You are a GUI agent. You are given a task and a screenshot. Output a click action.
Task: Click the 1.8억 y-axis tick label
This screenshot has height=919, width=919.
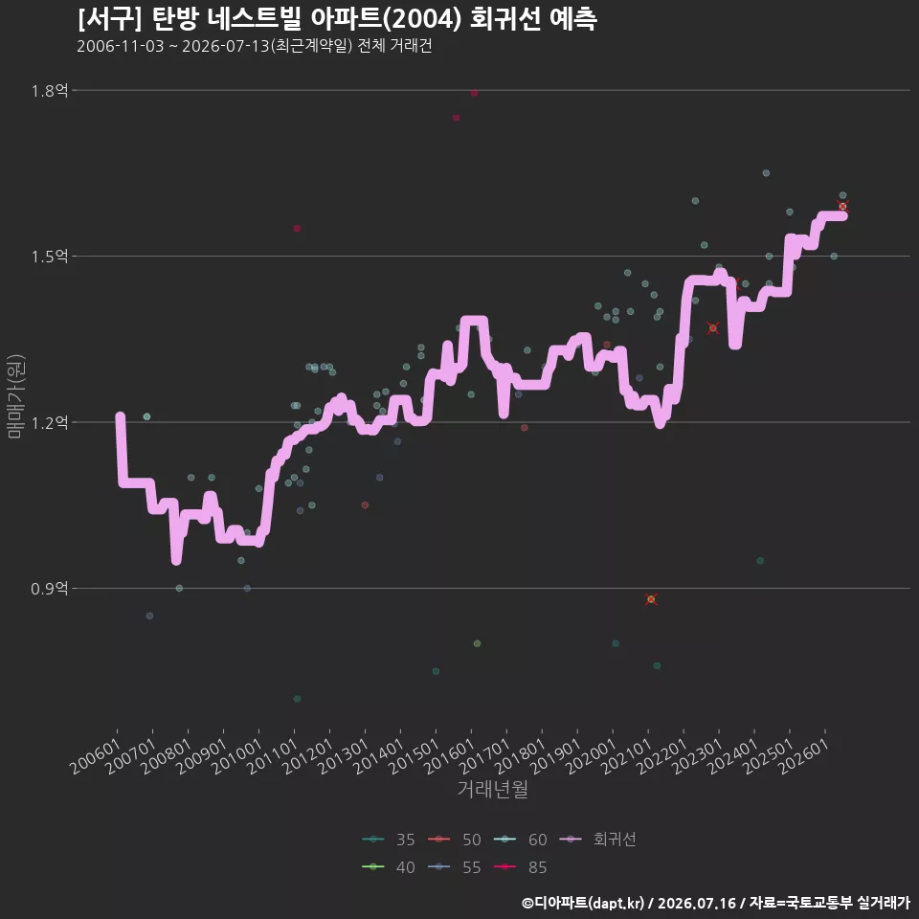pos(50,91)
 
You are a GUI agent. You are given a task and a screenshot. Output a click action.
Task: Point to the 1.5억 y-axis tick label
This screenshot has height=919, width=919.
pos(50,257)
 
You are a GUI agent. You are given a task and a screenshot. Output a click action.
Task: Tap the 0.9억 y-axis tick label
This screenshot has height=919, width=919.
pos(50,589)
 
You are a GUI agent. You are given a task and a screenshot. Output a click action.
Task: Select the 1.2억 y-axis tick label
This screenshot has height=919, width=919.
pos(50,422)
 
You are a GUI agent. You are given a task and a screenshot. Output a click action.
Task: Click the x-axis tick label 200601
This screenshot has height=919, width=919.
pos(95,756)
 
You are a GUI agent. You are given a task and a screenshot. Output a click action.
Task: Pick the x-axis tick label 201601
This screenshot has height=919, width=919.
pos(449,756)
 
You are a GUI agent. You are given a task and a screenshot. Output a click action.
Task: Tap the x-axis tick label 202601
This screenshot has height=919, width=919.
pos(803,756)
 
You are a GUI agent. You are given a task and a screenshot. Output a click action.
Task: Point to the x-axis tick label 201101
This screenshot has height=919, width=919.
pos(272,756)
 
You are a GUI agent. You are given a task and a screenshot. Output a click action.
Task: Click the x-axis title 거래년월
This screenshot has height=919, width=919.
pos(492,789)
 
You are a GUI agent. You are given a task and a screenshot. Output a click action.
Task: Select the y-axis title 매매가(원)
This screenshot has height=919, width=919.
pos(15,396)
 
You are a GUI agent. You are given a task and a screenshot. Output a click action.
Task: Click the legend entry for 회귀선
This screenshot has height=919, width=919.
pos(598,840)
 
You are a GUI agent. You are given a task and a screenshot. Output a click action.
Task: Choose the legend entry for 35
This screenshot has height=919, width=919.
pos(389,840)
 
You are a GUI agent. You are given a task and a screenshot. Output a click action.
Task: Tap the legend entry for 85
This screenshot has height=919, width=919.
pos(521,867)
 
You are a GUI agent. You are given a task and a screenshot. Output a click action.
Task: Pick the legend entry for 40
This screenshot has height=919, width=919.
pos(389,867)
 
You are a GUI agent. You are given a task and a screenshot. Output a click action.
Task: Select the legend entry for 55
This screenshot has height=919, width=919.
pos(454,867)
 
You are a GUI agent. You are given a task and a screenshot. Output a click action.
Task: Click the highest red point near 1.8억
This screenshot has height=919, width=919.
pos(474,93)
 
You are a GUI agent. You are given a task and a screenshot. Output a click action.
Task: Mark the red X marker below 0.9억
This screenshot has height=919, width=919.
pos(651,599)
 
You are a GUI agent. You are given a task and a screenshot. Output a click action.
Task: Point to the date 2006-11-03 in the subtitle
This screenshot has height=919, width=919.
pos(121,46)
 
